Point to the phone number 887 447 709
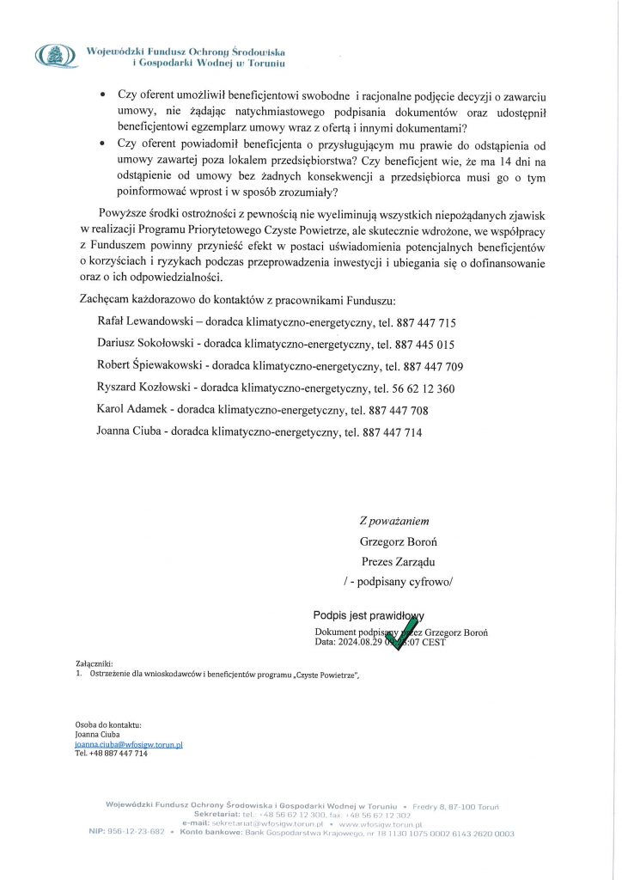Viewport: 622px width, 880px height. pos(433,367)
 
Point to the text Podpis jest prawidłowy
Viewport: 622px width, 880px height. pos(369,615)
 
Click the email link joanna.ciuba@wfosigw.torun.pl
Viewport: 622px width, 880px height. pos(129,744)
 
